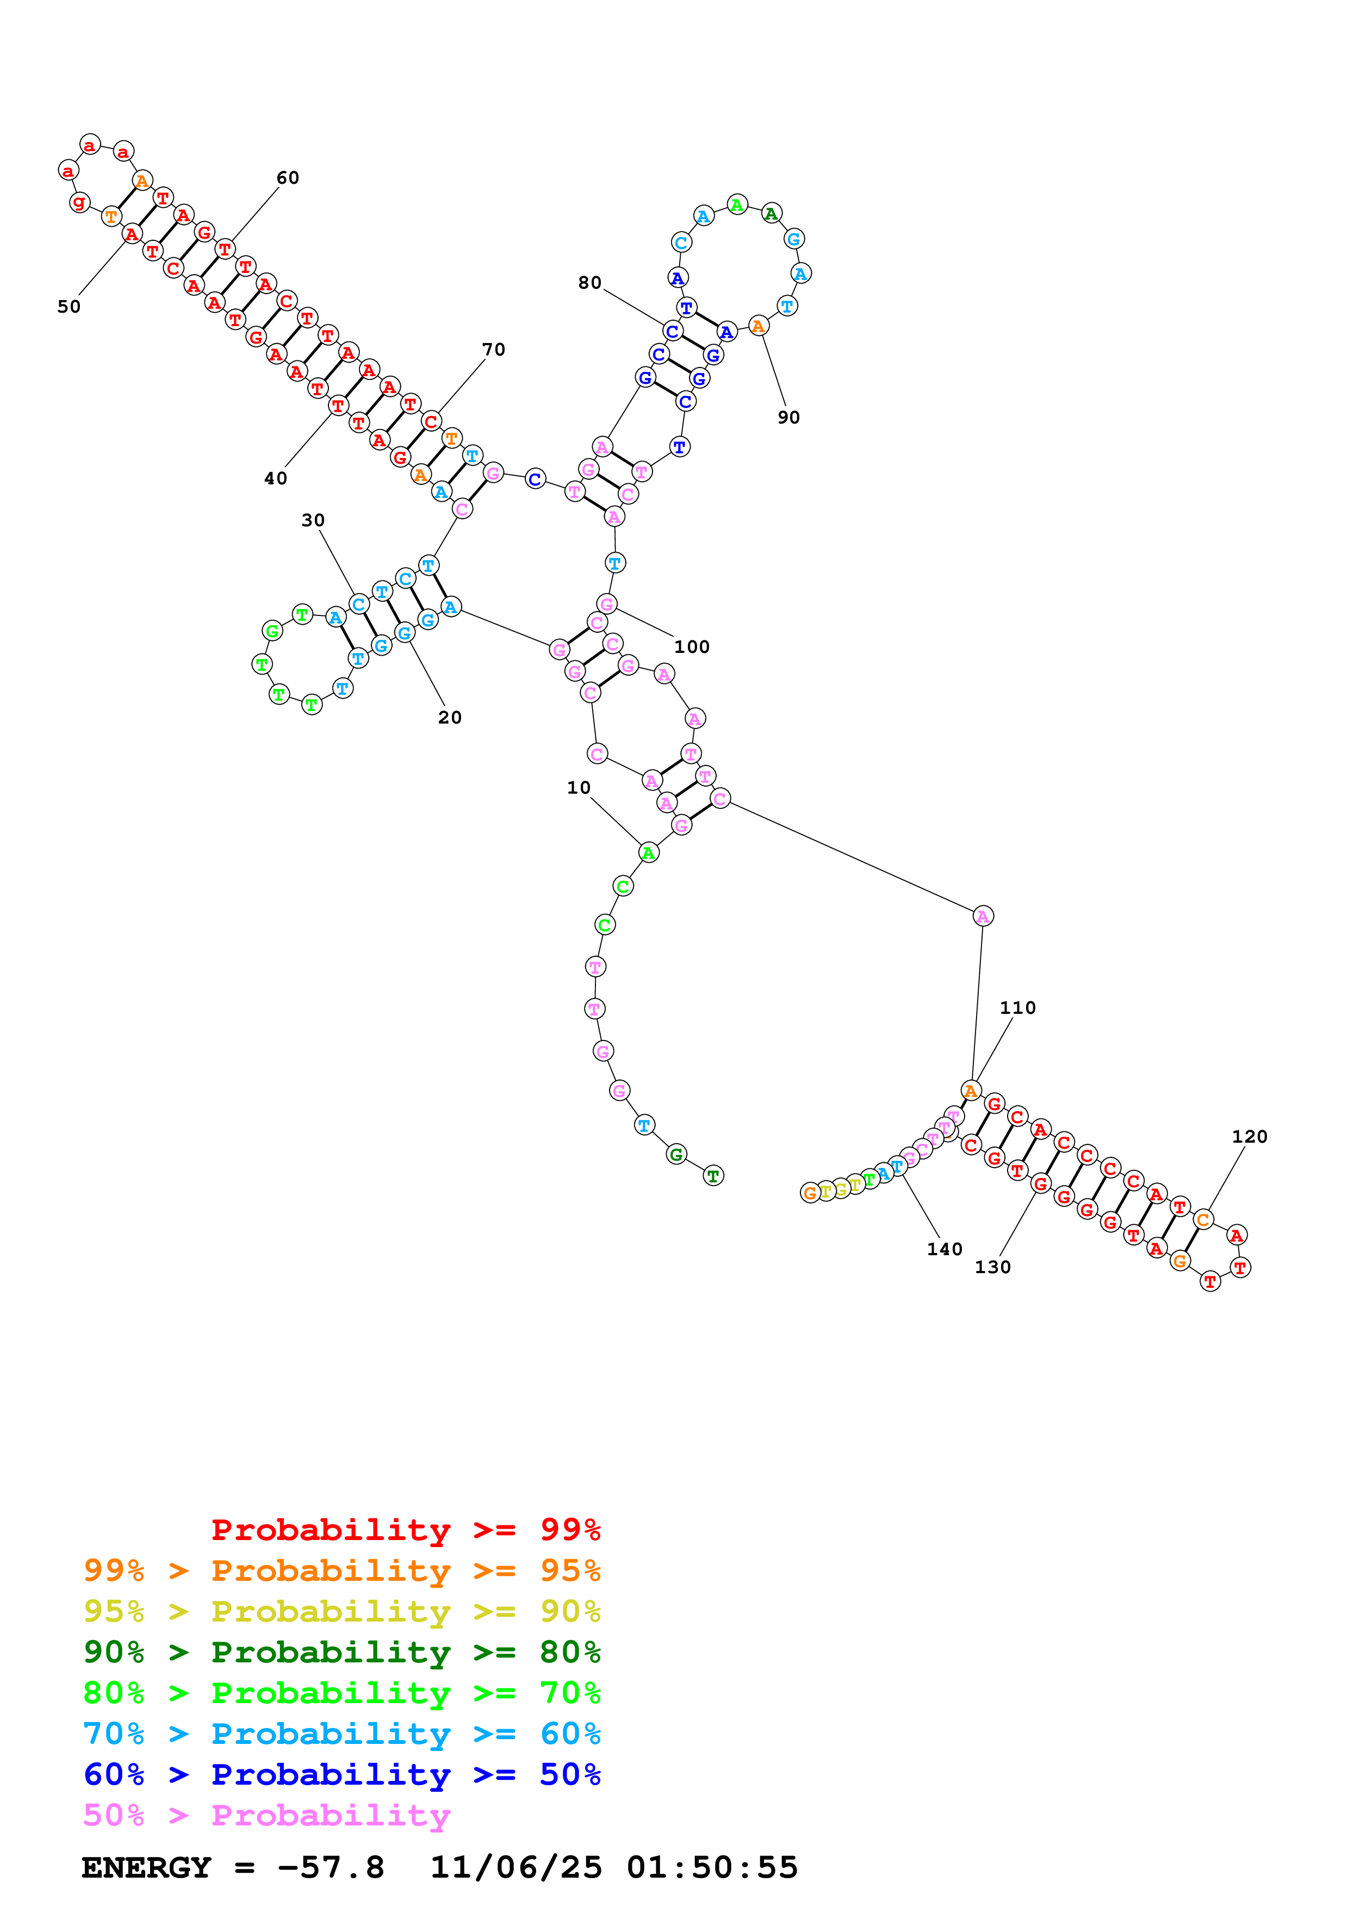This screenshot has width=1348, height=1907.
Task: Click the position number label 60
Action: coord(287,178)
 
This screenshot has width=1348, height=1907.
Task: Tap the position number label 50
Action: coord(69,307)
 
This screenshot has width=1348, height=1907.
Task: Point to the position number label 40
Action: coord(276,478)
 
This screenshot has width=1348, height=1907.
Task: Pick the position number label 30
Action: coord(313,520)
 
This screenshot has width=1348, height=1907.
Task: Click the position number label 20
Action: coord(449,717)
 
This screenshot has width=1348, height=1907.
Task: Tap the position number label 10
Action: coord(579,787)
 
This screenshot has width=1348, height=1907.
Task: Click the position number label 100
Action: coord(691,646)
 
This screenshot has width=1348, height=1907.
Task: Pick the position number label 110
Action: coord(1017,1007)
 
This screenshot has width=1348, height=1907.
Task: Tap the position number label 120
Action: coord(1249,1136)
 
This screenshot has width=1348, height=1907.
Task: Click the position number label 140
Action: coord(945,1249)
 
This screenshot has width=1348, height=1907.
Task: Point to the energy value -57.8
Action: coord(331,1867)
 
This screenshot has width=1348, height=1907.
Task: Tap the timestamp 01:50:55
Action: coord(712,1867)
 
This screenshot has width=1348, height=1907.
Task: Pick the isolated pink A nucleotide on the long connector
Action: coord(983,916)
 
